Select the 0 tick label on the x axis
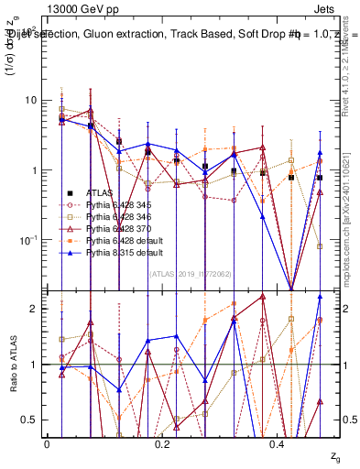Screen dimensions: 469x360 [x=47, y=443]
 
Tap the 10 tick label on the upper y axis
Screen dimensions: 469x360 [x=30, y=100]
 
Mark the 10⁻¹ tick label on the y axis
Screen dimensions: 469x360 [x=27, y=240]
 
